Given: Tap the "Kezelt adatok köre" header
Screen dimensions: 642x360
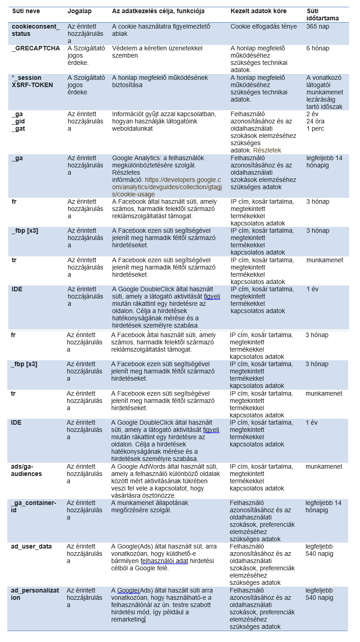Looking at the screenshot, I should click(258, 11).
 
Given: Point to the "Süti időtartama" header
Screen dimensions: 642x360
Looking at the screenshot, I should click(322, 15).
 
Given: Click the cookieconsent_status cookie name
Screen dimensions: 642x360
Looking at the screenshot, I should click(35, 30).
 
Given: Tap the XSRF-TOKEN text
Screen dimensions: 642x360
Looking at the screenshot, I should click(32, 85).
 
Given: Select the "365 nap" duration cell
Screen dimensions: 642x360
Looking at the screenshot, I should click(318, 26).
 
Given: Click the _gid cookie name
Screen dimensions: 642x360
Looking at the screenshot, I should click(19, 121).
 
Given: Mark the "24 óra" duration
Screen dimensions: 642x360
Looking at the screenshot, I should click(316, 121).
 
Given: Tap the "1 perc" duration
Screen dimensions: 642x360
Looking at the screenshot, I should click(316, 128).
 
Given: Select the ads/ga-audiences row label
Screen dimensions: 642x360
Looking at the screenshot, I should click(26, 470).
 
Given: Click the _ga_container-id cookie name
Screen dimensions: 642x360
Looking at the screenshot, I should click(34, 506).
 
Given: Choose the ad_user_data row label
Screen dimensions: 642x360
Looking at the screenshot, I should click(31, 546).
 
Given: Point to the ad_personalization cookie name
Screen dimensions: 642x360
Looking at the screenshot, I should click(35, 594).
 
